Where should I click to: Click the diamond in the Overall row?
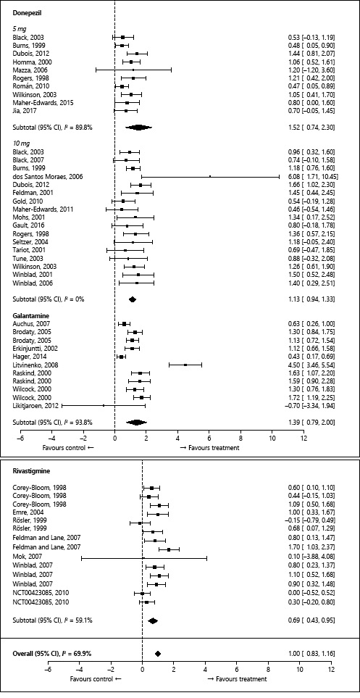[x=157, y=654]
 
